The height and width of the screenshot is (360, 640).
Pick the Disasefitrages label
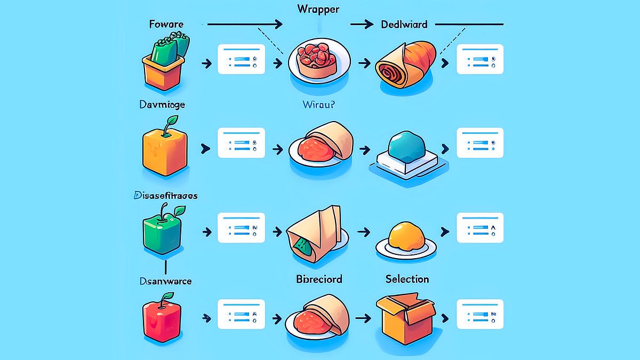click(164, 196)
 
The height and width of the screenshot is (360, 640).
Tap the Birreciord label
click(318, 279)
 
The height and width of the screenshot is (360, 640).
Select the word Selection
click(407, 279)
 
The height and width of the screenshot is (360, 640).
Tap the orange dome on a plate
click(405, 237)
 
